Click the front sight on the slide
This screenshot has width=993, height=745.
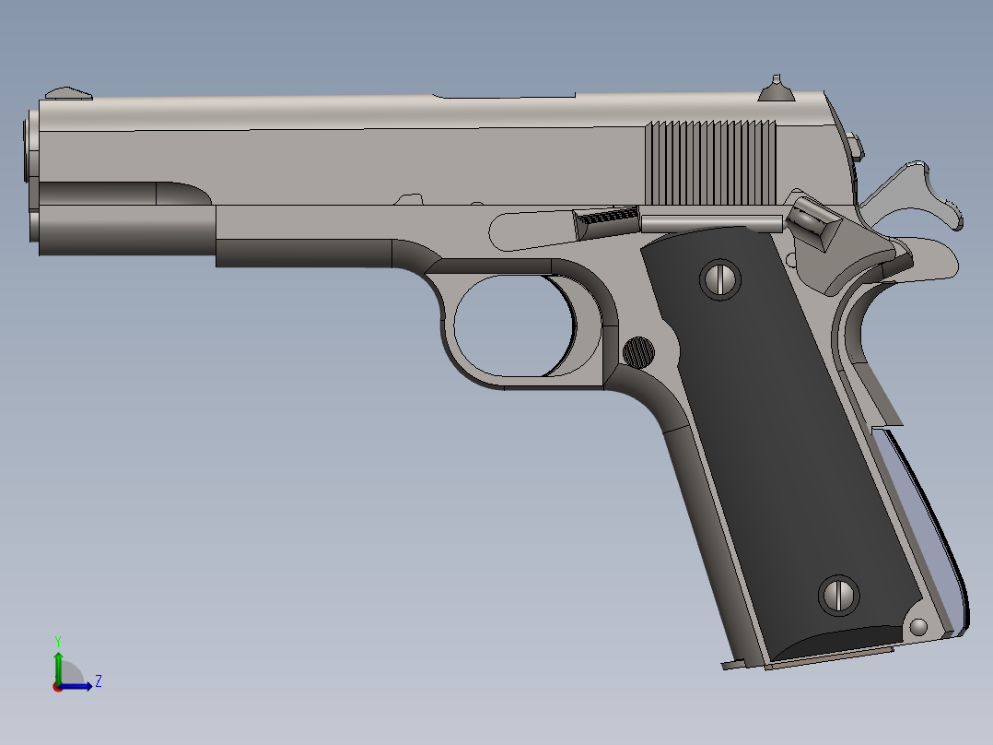(x=70, y=92)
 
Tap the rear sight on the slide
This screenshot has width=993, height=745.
(x=776, y=89)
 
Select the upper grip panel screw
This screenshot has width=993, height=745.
(x=720, y=278)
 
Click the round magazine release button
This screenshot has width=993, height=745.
(x=639, y=350)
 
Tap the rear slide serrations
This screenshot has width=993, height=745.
(x=709, y=163)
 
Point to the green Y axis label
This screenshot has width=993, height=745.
(x=57, y=640)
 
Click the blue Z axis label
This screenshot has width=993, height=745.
(x=98, y=681)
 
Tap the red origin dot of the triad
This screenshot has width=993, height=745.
(x=57, y=686)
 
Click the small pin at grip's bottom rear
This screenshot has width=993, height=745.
(x=917, y=627)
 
